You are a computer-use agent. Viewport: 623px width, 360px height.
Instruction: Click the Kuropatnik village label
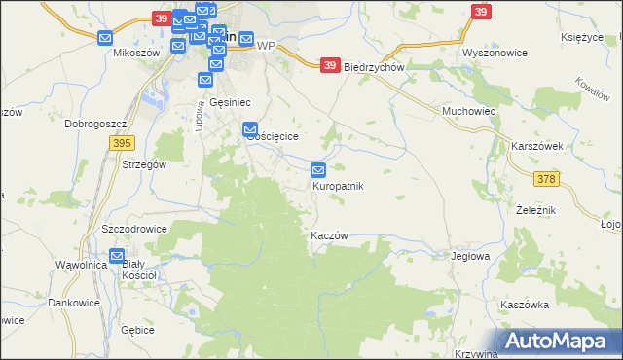coord(338,186)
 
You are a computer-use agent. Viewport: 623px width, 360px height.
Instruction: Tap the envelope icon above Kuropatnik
coord(319,170)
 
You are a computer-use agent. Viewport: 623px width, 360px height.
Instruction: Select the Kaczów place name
coord(329,236)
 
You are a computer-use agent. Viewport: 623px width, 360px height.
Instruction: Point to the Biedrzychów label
coord(374,67)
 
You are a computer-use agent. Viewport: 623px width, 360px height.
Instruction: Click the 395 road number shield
coord(121,143)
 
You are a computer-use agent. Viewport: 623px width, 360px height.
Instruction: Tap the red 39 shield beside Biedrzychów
coord(330,65)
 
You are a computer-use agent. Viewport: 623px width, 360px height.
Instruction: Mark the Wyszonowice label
coord(494,53)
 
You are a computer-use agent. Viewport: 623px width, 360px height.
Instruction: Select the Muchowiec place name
coord(469,112)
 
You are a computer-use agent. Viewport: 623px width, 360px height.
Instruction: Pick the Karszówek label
coord(537,146)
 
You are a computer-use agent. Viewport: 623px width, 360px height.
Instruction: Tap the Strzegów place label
coord(145,165)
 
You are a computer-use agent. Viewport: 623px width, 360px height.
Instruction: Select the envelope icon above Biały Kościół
coord(118,257)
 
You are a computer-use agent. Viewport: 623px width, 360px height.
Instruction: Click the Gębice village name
coord(138,330)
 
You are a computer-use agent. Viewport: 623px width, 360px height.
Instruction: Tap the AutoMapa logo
coord(559,341)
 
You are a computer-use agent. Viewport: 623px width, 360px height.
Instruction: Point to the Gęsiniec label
coord(231,101)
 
